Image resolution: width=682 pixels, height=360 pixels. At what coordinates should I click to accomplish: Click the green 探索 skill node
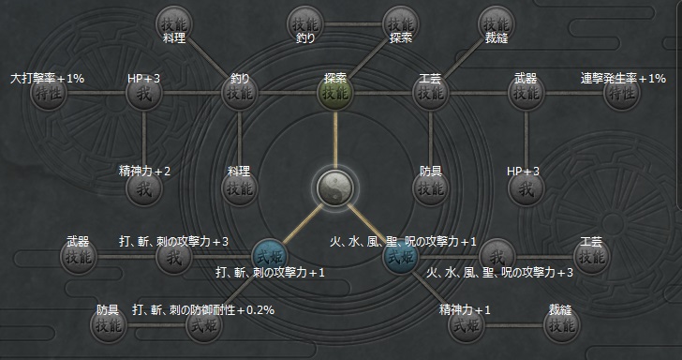point(334,94)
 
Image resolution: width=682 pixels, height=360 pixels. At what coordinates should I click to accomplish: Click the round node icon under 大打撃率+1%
point(48,95)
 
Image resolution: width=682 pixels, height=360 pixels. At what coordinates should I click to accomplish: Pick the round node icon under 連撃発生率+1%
point(622,95)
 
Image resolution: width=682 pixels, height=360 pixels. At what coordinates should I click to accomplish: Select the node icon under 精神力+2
point(144,187)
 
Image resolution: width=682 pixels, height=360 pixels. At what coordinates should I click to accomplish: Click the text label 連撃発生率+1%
point(622,78)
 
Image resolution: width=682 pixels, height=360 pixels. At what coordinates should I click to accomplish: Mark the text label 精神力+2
point(144,171)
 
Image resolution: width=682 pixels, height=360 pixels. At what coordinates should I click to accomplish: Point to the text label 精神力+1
point(464,309)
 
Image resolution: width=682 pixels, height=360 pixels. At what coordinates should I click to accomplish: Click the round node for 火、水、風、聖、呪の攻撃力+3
point(498,255)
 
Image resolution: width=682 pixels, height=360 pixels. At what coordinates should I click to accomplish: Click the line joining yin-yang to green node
point(334,141)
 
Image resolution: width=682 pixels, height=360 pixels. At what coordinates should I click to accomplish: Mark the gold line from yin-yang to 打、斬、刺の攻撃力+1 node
point(303,221)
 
